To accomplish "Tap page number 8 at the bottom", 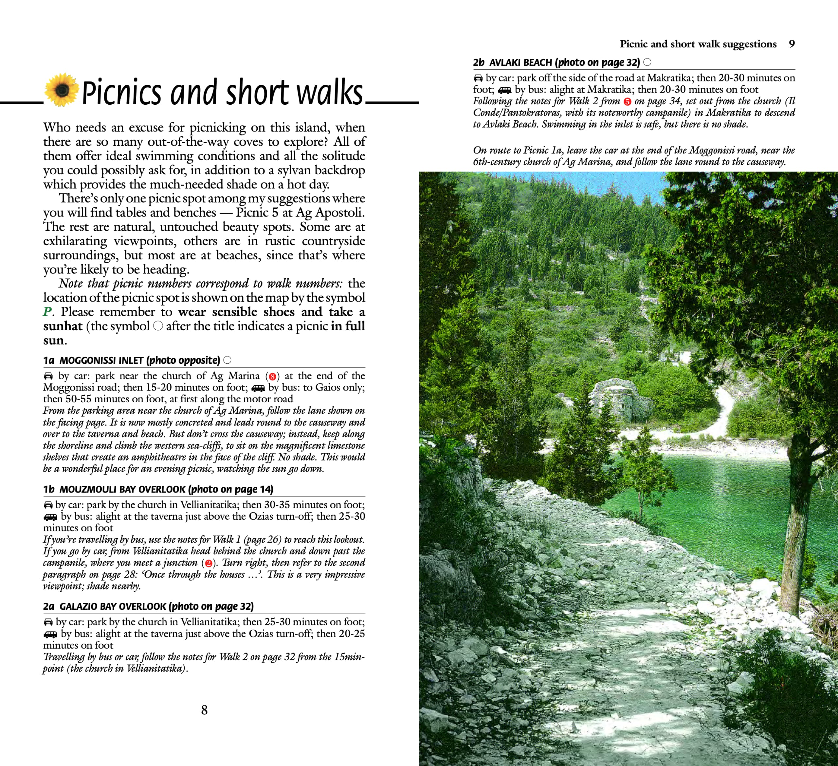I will click(x=204, y=710).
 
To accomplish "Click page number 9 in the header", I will click(x=792, y=44).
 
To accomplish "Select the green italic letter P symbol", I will click(x=48, y=312).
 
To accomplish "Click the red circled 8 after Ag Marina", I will click(x=273, y=377).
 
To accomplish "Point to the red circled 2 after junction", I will click(x=208, y=563).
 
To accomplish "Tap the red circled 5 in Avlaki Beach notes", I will click(x=627, y=102).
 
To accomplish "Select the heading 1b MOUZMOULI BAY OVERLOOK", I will click(x=158, y=489).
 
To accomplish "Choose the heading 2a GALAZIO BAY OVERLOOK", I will click(x=148, y=606).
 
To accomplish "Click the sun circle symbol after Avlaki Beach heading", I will click(x=647, y=62).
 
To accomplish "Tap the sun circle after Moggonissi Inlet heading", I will click(x=228, y=360).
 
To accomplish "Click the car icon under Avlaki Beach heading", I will click(x=478, y=78).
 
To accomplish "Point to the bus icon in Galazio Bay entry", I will click(x=50, y=634).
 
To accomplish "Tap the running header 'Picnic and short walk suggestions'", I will click(x=698, y=44).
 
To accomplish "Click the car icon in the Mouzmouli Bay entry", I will click(x=48, y=505).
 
